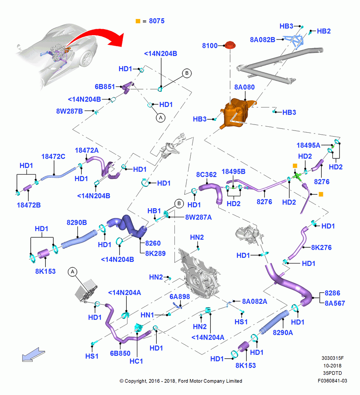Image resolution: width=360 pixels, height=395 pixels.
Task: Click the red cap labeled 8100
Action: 230,45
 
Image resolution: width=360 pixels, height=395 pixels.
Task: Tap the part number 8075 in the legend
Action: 157,21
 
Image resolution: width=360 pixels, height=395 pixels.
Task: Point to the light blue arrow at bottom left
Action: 33,354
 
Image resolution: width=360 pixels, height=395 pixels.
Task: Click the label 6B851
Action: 105,87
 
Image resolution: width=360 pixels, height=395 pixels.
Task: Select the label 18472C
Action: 53,156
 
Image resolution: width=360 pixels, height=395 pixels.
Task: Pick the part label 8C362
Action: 206,175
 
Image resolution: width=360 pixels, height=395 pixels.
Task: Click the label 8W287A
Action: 199,217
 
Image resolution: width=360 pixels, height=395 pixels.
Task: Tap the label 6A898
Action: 180,297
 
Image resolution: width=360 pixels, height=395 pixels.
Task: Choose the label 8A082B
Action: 262,39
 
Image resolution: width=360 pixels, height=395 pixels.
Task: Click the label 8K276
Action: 321,247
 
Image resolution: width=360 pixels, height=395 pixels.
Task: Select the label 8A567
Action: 335,303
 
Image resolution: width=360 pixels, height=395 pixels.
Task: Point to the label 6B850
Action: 120,353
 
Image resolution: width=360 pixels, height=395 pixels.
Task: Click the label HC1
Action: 136,361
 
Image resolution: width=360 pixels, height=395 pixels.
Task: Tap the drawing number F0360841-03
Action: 332,381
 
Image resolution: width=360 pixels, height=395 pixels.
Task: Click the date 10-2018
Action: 332,365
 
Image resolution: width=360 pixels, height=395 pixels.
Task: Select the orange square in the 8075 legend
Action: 138,21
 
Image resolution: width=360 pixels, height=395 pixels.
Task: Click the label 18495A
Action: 308,145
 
